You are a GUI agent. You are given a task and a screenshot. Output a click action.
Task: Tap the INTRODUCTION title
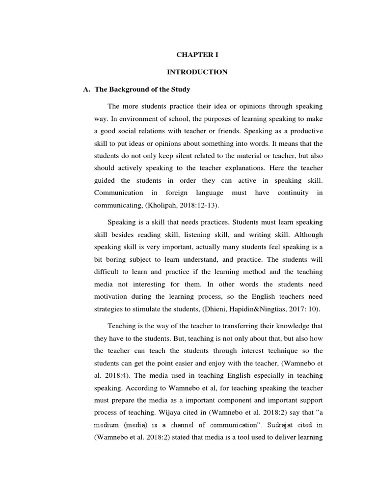tap(197, 72)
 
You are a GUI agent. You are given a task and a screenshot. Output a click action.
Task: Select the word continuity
tap(294, 193)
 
